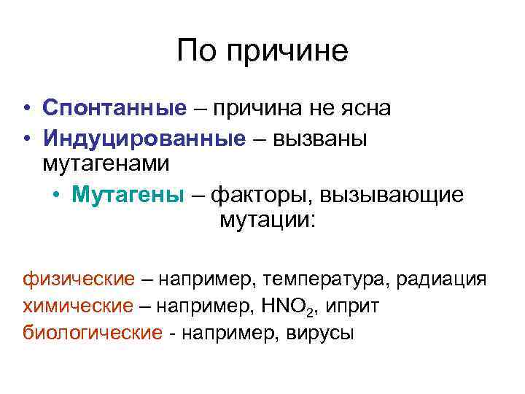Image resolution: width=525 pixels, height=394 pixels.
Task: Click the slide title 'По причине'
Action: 262,51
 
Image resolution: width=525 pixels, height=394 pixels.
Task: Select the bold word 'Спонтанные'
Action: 114,108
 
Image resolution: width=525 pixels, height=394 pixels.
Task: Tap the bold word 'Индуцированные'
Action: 144,138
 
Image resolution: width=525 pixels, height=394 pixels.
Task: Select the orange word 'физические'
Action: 79,279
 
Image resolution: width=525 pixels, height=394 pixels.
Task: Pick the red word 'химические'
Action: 79,306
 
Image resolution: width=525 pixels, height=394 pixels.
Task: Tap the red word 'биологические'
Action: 92,333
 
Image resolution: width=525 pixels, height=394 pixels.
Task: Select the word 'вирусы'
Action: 318,333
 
